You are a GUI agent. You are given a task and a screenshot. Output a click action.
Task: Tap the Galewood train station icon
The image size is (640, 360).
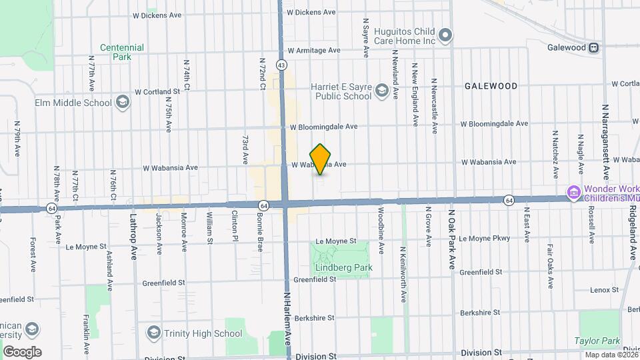[x=593, y=48]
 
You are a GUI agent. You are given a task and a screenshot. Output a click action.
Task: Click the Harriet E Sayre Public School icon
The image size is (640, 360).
[x=381, y=90]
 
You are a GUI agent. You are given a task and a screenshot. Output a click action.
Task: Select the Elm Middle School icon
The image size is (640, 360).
[x=122, y=102]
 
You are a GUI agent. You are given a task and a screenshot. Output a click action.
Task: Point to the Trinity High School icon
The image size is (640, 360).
[x=154, y=333]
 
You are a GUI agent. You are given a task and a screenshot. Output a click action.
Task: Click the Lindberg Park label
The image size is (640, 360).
[x=343, y=268]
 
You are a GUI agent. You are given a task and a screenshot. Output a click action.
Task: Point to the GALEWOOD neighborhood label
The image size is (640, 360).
[x=491, y=86]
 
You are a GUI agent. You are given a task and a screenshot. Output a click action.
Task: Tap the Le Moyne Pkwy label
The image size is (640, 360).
[x=484, y=238]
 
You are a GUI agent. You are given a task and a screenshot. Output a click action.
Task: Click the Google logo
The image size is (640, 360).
[x=22, y=351]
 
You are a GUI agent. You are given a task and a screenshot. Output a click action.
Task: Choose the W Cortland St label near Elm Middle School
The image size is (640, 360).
[x=157, y=91]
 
